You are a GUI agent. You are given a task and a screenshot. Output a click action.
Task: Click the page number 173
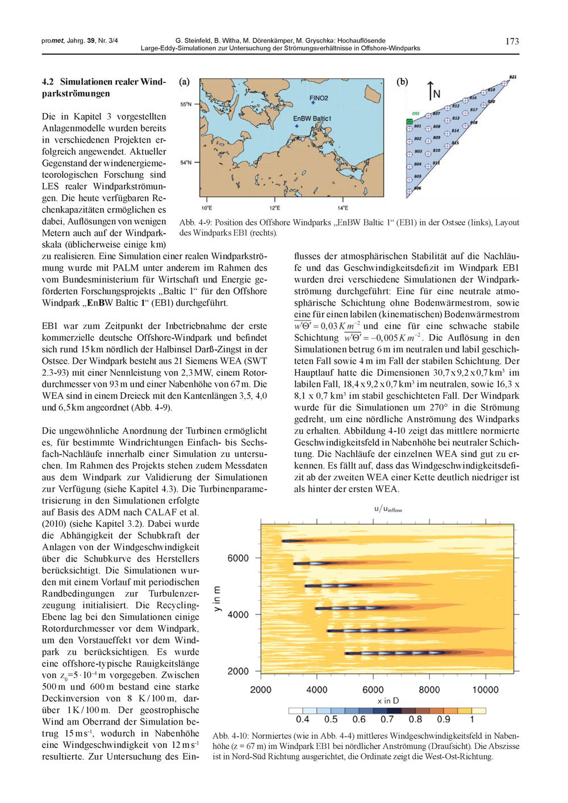(512, 41)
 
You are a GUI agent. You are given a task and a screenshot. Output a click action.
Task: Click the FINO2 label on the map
(319, 98)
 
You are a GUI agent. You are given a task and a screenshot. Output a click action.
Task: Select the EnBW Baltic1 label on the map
(312, 118)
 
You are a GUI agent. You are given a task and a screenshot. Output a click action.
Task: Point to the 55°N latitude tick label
(186, 105)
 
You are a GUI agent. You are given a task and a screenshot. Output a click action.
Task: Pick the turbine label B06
(417, 188)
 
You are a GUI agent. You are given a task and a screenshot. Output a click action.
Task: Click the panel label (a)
(184, 82)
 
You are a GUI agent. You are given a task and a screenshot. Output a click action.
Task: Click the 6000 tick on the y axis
(238, 558)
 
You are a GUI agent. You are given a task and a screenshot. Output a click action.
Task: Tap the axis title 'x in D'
(373, 702)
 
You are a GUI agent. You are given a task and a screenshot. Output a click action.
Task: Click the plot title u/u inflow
(388, 509)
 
